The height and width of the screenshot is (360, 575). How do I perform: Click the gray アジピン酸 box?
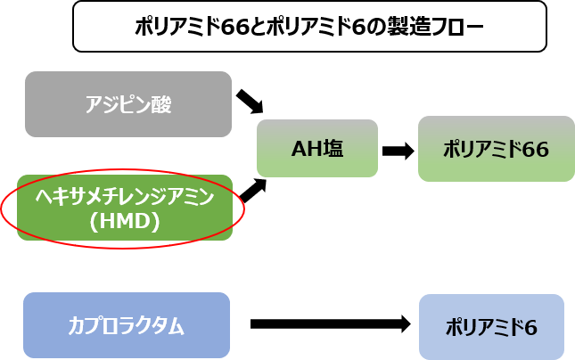pos(128,104)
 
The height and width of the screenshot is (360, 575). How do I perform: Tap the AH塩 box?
pos(316,149)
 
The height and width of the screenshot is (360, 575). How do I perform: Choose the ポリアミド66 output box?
pos(496,149)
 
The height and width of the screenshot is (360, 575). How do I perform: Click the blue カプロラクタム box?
pos(127,325)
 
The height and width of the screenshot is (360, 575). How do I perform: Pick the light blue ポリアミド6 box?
pos(491,326)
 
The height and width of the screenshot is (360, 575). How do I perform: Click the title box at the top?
pos(308,26)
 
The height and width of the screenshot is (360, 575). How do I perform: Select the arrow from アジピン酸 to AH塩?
pos(251,101)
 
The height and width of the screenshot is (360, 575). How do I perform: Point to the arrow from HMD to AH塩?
pos(253,190)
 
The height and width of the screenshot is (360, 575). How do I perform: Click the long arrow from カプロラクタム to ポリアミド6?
pos(329,324)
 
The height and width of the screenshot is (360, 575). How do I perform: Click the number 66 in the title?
pos(234,27)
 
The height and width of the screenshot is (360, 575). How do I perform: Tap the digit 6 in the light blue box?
pos(531,327)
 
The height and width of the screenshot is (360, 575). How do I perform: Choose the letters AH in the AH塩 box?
pos(305,149)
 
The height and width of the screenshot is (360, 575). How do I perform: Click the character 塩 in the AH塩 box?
pos(333,149)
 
